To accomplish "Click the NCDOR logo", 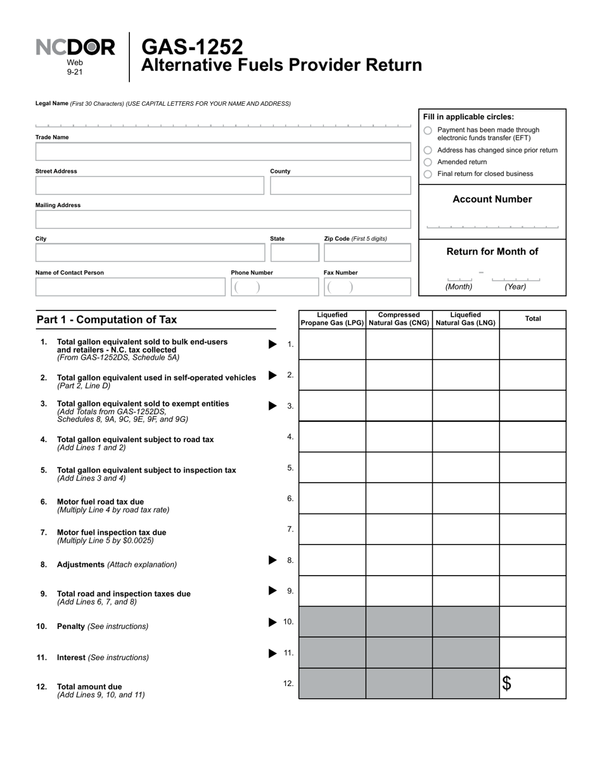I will (x=75, y=47).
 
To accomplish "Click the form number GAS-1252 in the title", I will (x=191, y=46).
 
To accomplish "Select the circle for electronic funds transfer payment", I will (x=428, y=130).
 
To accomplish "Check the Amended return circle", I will (x=428, y=162).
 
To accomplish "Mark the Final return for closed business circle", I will (x=428, y=174).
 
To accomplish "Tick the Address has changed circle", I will (x=428, y=151).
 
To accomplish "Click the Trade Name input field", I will (x=223, y=152).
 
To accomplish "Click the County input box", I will (x=340, y=186).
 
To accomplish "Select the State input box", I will (x=295, y=253).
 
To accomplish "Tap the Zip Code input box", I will (x=367, y=253).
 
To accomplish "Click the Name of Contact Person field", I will (x=130, y=287).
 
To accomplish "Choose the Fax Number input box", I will (x=367, y=287).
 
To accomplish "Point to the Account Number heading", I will (x=492, y=199).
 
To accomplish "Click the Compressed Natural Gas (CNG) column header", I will (x=399, y=319).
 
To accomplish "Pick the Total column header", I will (x=532, y=319).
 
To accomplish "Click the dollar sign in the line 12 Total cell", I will (x=507, y=683).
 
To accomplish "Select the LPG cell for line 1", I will (x=332, y=344).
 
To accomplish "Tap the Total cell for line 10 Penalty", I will (x=532, y=622).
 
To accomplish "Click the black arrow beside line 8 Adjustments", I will (x=272, y=560).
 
